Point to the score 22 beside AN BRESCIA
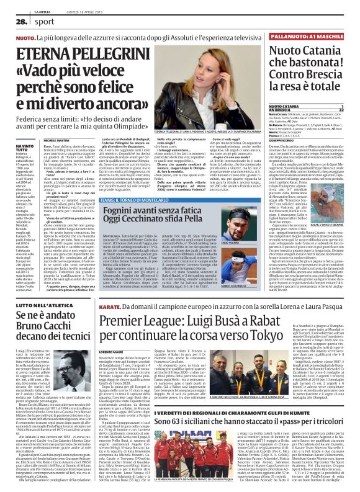[x=356, y=111]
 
